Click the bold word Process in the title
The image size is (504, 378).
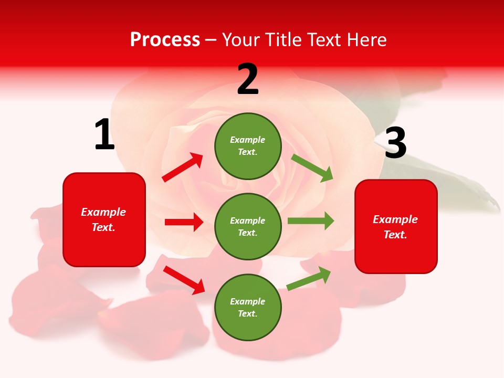pos(165,39)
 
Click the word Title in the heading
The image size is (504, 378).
pos(284,39)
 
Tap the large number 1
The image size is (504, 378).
pos(104,135)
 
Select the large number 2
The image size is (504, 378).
pos(248,79)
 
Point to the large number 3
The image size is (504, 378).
pos(395,143)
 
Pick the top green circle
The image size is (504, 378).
pos(248,146)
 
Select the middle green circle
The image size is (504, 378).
pos(248,227)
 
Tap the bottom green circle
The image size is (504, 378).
pos(248,308)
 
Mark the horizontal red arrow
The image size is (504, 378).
pos(184,222)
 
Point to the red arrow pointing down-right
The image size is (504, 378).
pos(184,280)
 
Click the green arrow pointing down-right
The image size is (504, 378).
pos(312,168)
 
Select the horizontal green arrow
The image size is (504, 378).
pos(310,220)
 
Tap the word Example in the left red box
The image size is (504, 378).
pos(103,212)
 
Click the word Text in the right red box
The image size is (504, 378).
pos(394,235)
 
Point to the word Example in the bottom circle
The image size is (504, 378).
pos(247,301)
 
